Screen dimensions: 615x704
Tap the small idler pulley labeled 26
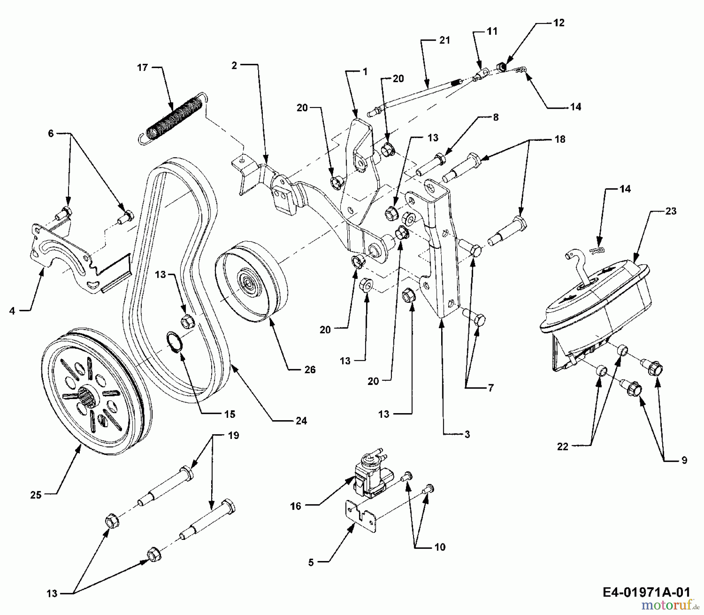point(249,281)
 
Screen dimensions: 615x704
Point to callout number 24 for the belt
point(301,421)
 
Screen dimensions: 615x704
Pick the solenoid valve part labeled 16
point(367,477)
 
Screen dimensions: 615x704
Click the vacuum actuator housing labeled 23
point(594,301)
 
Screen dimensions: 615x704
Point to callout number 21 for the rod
point(445,40)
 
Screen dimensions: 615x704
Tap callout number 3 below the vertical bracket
point(467,434)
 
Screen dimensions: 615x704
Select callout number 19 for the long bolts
point(233,435)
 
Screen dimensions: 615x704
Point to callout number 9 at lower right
point(684,460)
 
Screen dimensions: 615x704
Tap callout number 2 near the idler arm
point(234,66)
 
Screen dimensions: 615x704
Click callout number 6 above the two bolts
point(51,133)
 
